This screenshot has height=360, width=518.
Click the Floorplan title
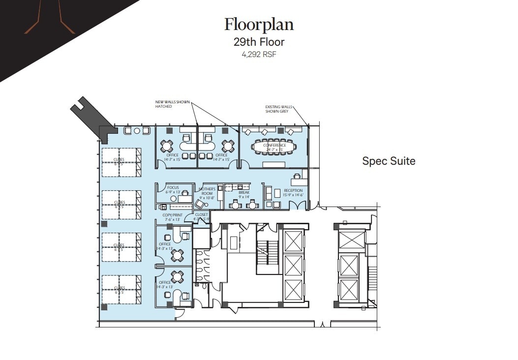point(259,24)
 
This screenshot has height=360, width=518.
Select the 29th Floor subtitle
point(259,42)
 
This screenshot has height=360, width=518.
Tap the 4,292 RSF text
point(259,55)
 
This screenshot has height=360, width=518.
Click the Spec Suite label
point(389,161)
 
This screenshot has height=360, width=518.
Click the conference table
point(274,147)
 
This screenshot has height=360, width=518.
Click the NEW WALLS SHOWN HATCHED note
point(172,104)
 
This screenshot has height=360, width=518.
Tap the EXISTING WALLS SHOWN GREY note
point(278,109)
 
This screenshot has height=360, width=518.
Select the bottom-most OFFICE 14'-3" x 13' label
point(165,284)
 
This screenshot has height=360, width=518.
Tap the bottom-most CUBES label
point(119,290)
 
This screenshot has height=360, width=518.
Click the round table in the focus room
point(174,198)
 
